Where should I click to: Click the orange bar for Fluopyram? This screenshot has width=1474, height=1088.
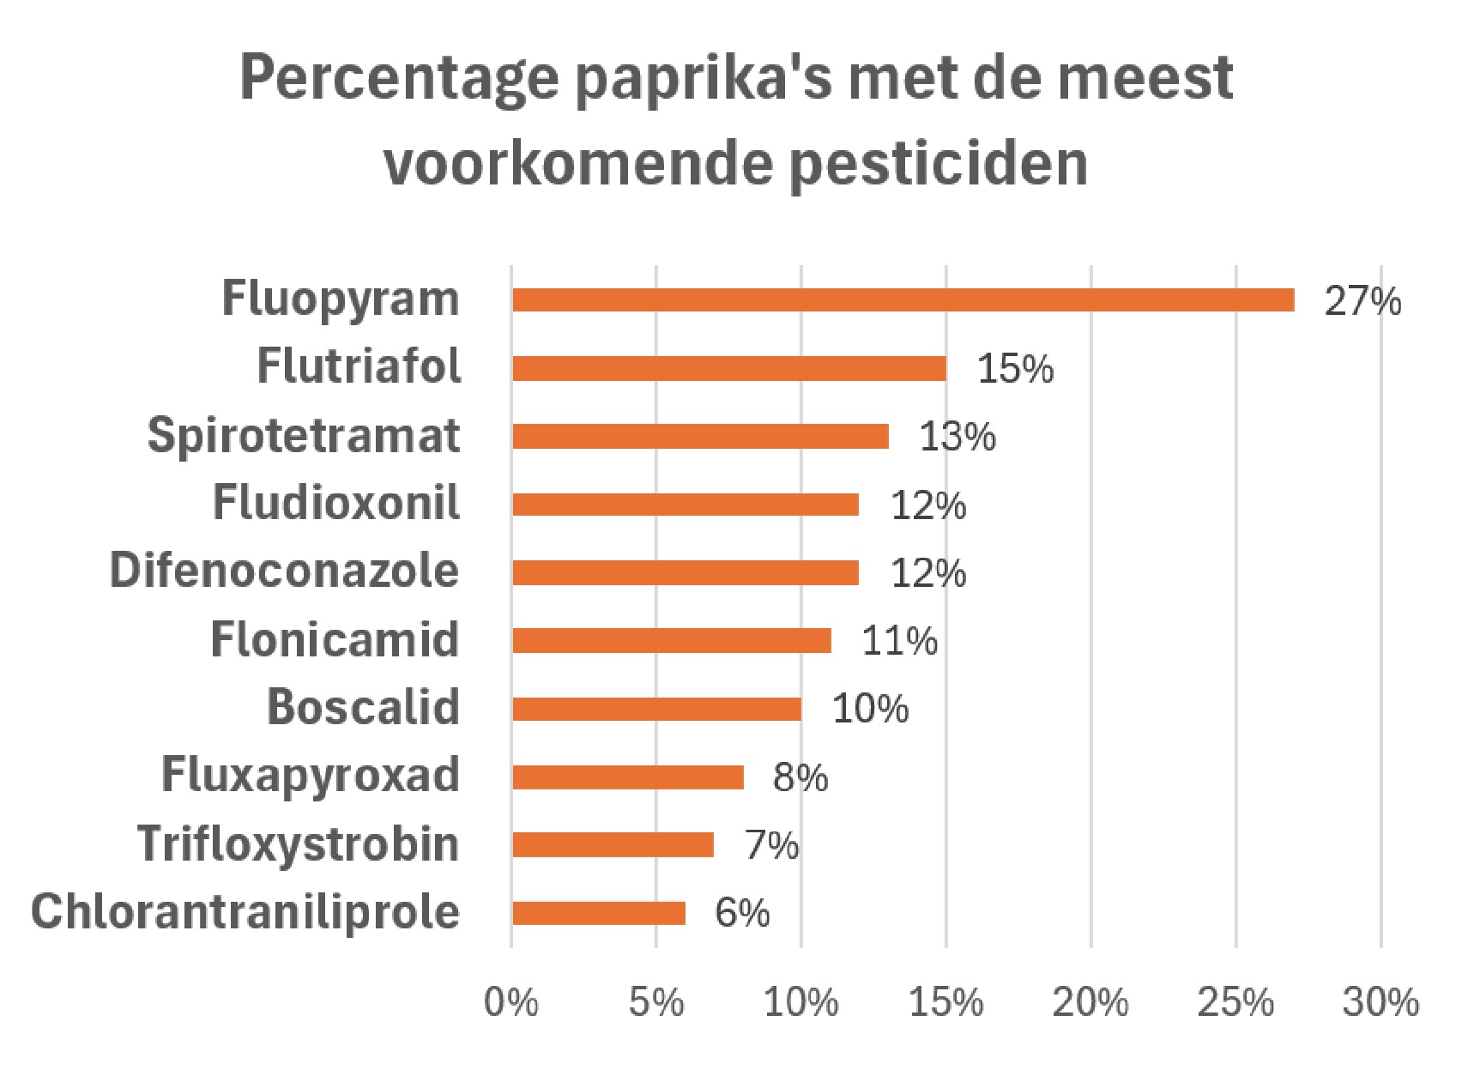(x=903, y=299)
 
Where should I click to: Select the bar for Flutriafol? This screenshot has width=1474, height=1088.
(x=729, y=368)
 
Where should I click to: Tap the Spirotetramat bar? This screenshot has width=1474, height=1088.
(x=700, y=436)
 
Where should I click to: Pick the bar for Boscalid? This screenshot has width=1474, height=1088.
(x=657, y=709)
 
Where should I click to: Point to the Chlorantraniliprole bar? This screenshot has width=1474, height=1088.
(x=599, y=913)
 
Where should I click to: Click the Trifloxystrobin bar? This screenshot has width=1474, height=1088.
(x=613, y=845)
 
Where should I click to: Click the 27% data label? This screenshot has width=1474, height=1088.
(x=1362, y=301)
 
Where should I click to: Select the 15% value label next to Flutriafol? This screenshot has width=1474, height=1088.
(x=1015, y=369)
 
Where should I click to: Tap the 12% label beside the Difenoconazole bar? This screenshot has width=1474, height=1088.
(x=928, y=573)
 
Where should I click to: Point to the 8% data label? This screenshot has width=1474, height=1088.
(x=800, y=777)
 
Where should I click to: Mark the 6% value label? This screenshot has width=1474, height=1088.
(x=742, y=913)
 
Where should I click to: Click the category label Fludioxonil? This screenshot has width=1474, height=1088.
(x=336, y=502)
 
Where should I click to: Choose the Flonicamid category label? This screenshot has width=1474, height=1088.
(x=335, y=639)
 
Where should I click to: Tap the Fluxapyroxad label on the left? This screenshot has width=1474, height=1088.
(x=311, y=777)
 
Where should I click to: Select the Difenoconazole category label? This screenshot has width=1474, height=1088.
(x=285, y=571)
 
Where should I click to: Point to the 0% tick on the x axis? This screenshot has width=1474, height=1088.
(x=511, y=1002)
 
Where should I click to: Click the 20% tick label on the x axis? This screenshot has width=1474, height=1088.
(x=1090, y=1002)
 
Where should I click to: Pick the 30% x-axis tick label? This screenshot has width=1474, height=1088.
(x=1380, y=1002)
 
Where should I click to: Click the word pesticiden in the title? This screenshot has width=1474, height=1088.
(x=939, y=163)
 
